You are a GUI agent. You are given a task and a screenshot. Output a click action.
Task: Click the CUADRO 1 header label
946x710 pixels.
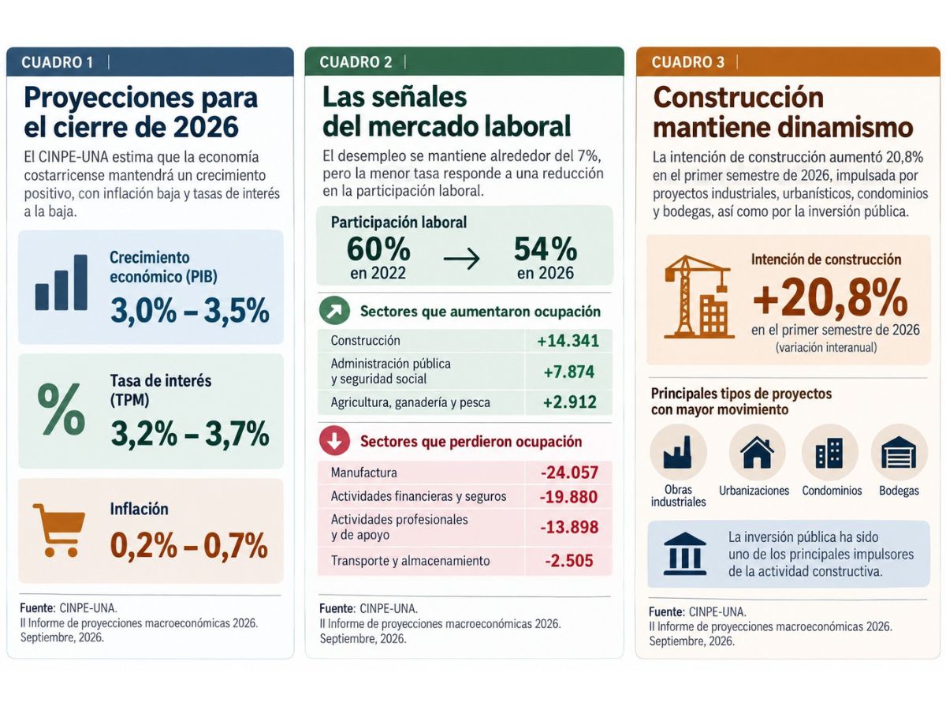point(58,62)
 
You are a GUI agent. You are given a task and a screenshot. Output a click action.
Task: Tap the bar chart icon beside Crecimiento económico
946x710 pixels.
point(61,282)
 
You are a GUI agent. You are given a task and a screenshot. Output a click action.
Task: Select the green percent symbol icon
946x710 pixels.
point(61,408)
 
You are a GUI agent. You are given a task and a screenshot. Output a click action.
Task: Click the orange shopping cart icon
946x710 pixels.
point(58,530)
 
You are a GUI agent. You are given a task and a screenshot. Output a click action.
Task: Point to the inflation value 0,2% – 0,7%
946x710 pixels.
point(188,545)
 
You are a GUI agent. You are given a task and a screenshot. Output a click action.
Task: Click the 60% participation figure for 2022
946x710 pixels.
point(378,249)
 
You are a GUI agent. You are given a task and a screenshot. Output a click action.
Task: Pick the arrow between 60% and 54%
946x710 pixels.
point(462,259)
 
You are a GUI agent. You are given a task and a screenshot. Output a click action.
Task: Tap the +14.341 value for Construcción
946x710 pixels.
point(568,341)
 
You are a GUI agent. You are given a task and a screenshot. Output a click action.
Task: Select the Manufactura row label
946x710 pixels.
point(363,473)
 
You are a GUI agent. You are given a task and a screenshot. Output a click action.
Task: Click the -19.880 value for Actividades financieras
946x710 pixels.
point(569,497)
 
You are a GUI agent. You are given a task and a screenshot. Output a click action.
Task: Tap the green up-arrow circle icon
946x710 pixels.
point(334,310)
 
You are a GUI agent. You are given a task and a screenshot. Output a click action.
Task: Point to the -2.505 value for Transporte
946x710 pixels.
point(569,561)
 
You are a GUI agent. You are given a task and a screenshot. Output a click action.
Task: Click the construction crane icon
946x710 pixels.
point(698,297)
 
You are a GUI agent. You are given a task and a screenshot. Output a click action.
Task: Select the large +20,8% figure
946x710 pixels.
point(830,297)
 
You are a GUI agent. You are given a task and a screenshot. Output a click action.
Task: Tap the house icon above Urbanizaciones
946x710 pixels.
point(757,452)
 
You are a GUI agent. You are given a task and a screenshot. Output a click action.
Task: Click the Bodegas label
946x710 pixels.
point(899,491)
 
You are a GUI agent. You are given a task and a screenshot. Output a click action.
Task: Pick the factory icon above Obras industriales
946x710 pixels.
point(678,452)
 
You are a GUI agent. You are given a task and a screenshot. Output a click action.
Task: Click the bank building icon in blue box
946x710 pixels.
point(685,554)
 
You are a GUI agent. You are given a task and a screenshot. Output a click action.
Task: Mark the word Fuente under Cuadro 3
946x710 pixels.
point(666,611)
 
